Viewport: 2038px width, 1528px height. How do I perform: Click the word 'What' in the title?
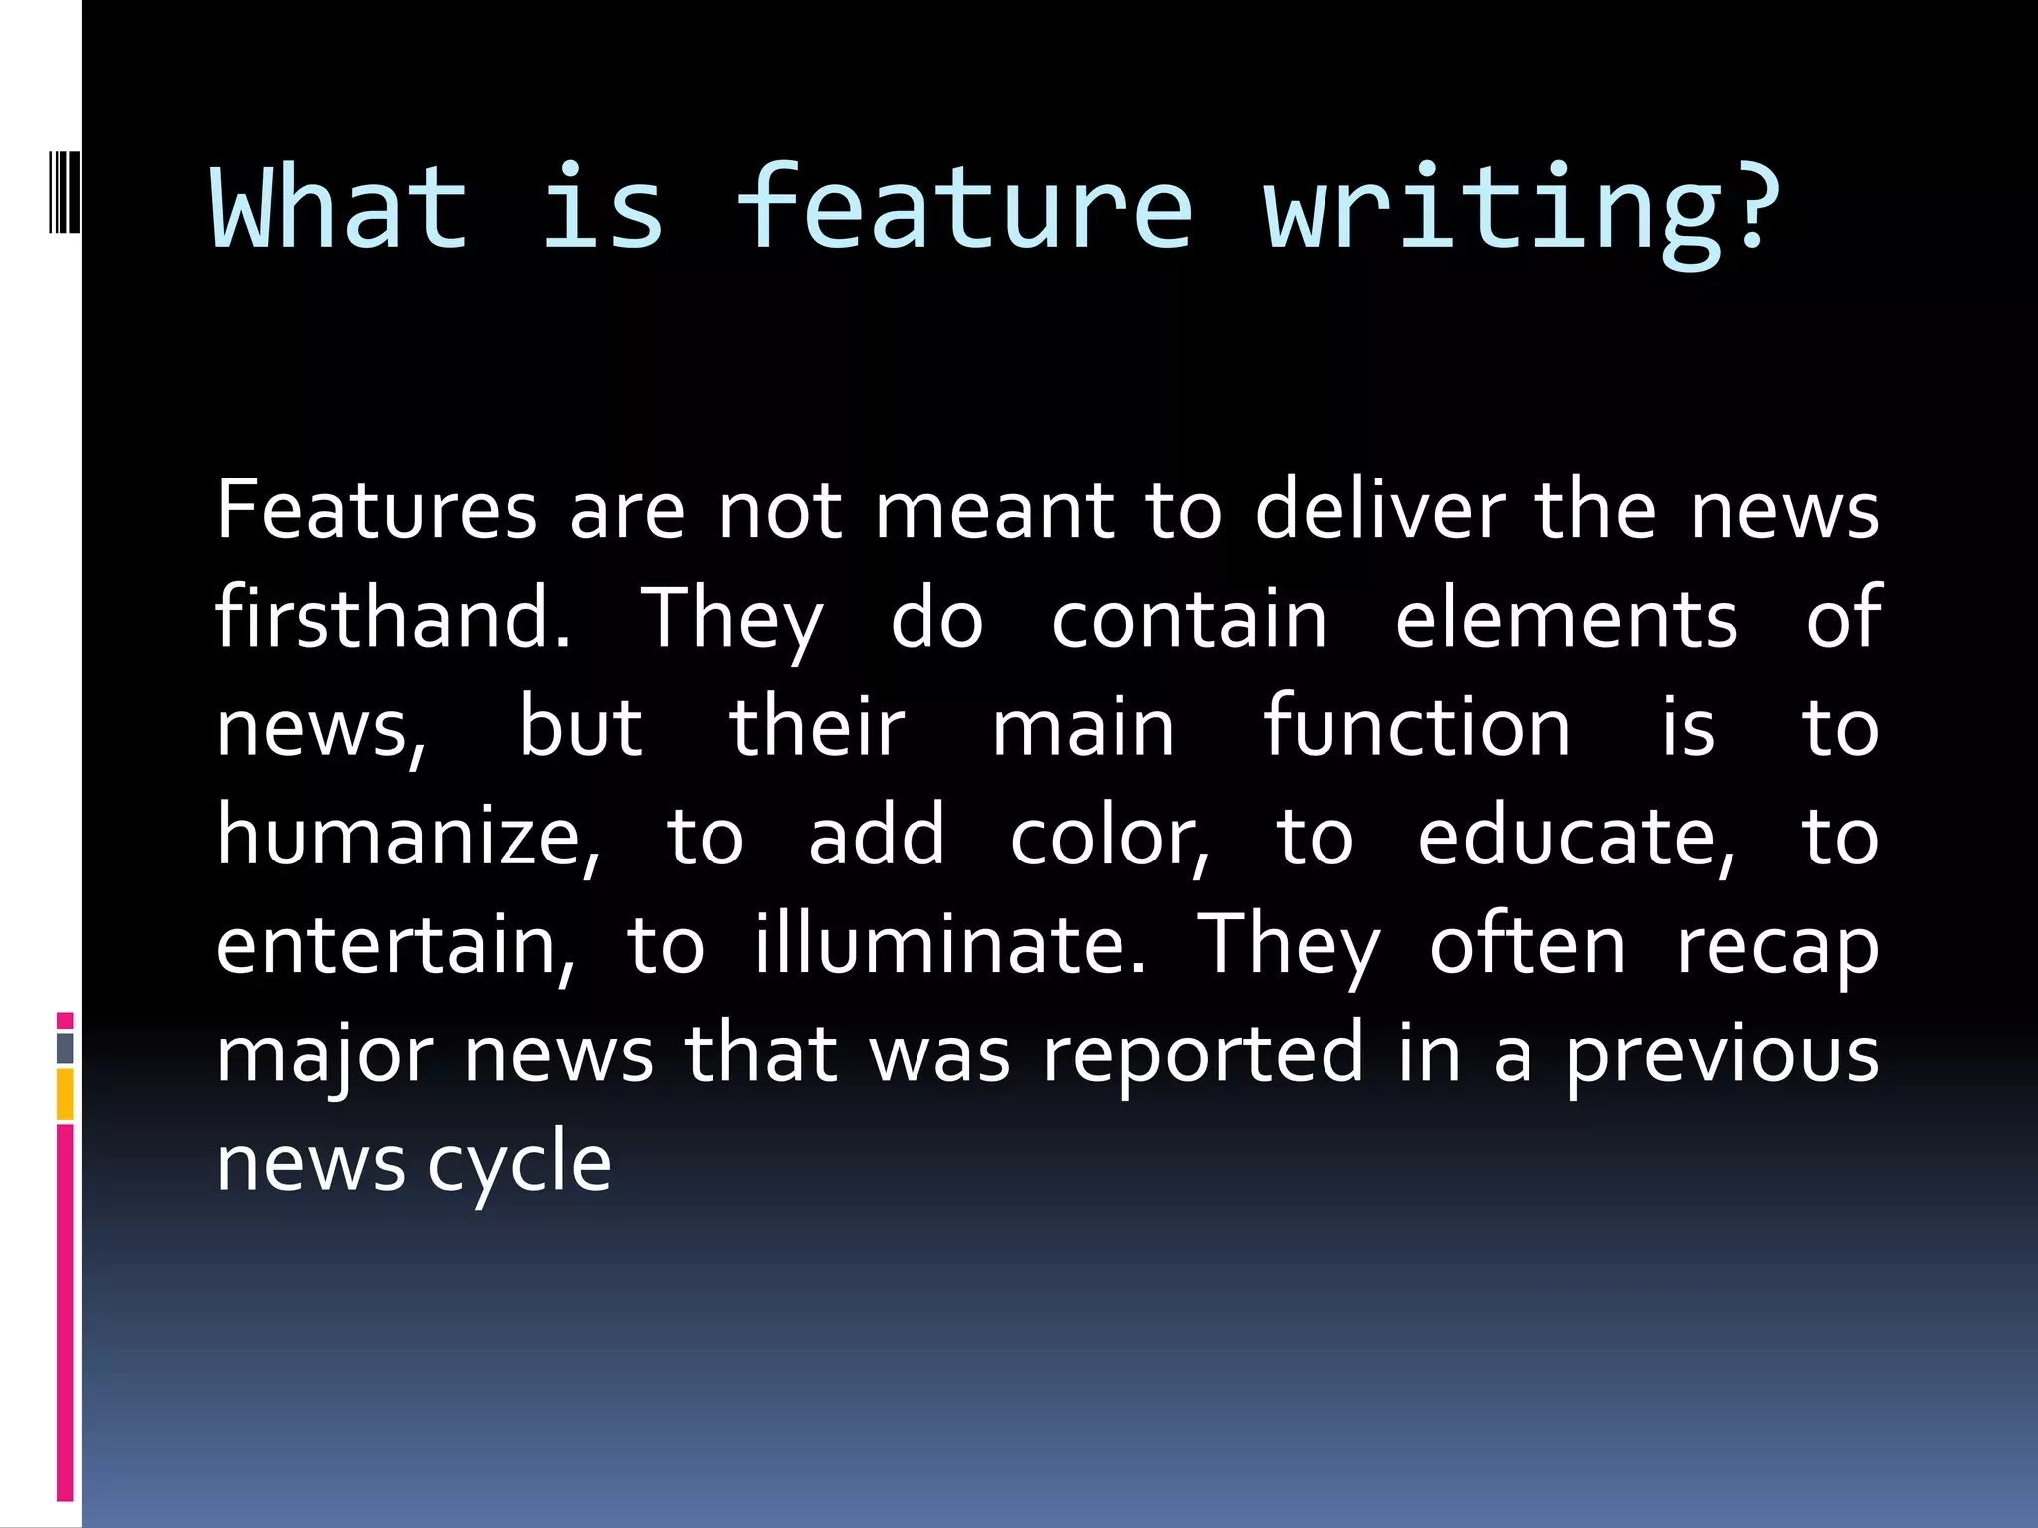tap(338, 208)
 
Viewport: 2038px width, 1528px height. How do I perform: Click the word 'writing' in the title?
tap(1493, 213)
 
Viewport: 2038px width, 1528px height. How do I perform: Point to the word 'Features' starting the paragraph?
tap(376, 509)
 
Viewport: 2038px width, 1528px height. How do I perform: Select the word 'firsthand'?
tap(392, 618)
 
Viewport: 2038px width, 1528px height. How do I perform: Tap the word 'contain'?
tap(1189, 620)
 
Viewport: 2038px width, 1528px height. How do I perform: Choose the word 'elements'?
tap(1566, 620)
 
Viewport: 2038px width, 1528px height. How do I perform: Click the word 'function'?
tap(1417, 727)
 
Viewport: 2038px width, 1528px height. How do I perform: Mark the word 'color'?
tap(1109, 837)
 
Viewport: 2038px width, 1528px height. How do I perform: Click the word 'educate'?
tap(1576, 837)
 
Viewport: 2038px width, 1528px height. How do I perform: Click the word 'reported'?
tap(1202, 1055)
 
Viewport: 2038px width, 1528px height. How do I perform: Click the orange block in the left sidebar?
tap(65, 1094)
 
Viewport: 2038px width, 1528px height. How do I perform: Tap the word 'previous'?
tap(1723, 1055)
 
